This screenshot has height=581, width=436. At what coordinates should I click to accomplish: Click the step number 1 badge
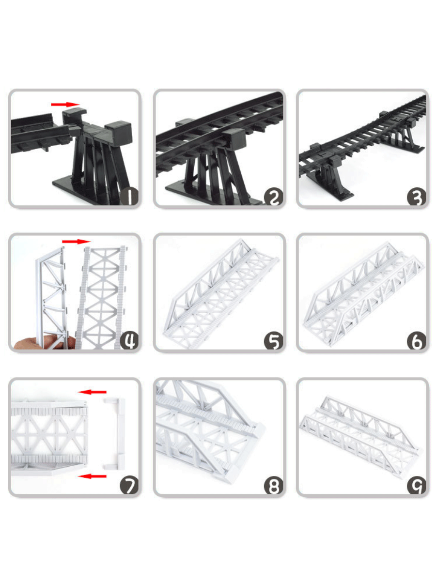click(129, 197)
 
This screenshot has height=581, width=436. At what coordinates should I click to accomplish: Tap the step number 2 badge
click(274, 197)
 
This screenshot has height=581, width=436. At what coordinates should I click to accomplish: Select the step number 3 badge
click(417, 197)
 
